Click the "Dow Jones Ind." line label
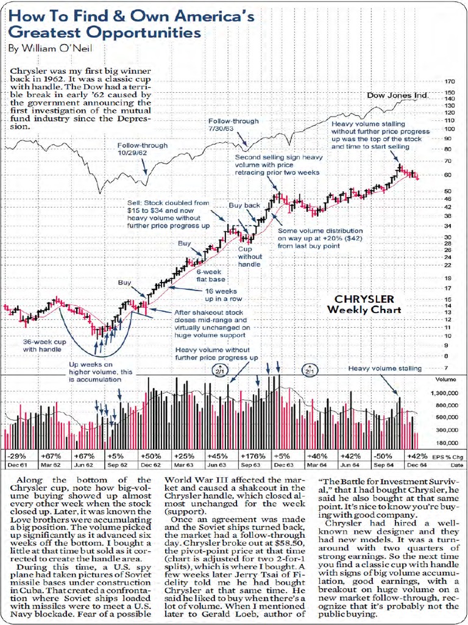pyautogui.click(x=397, y=96)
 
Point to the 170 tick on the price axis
pyautogui.click(x=450, y=81)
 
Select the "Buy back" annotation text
pyautogui.click(x=244, y=206)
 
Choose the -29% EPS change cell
pyautogui.click(x=18, y=456)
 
